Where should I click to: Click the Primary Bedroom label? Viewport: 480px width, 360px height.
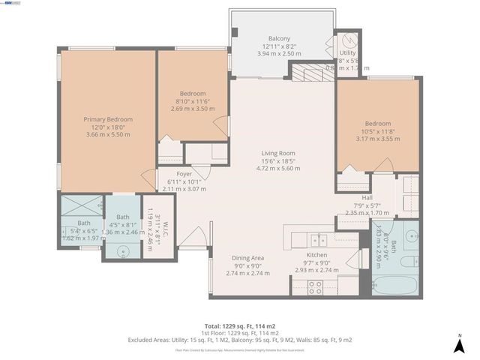(108, 119)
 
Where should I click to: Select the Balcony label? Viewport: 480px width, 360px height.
(279, 38)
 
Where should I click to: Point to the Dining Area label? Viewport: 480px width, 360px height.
(247, 257)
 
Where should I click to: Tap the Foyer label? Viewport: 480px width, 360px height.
(173, 173)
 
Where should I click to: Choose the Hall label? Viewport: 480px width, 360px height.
(367, 177)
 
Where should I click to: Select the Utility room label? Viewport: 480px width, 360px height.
(347, 53)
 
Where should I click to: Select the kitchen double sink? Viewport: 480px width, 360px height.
(318, 239)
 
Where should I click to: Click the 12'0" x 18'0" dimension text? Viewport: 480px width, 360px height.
(108, 127)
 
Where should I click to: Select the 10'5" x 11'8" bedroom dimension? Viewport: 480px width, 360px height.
(378, 131)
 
